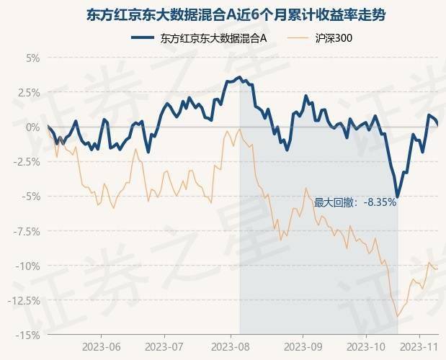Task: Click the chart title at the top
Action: (223, 14)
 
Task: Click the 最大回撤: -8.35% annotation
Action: (355, 203)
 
